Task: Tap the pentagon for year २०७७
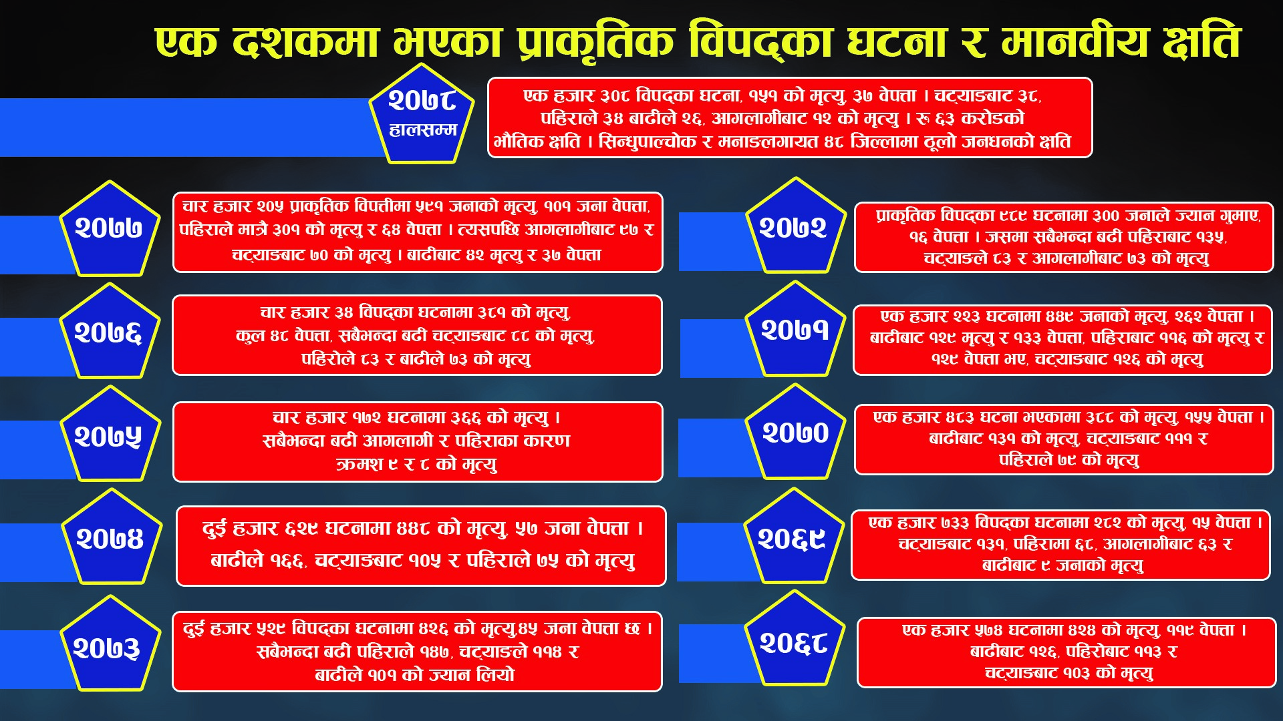(110, 229)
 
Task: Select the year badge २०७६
(110, 332)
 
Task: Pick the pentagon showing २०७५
(110, 435)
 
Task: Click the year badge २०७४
(112, 537)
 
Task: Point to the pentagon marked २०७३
(110, 644)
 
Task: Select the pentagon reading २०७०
(795, 432)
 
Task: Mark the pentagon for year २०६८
(794, 639)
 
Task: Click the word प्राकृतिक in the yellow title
(595, 43)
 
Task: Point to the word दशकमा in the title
(306, 43)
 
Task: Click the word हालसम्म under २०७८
(423, 130)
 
